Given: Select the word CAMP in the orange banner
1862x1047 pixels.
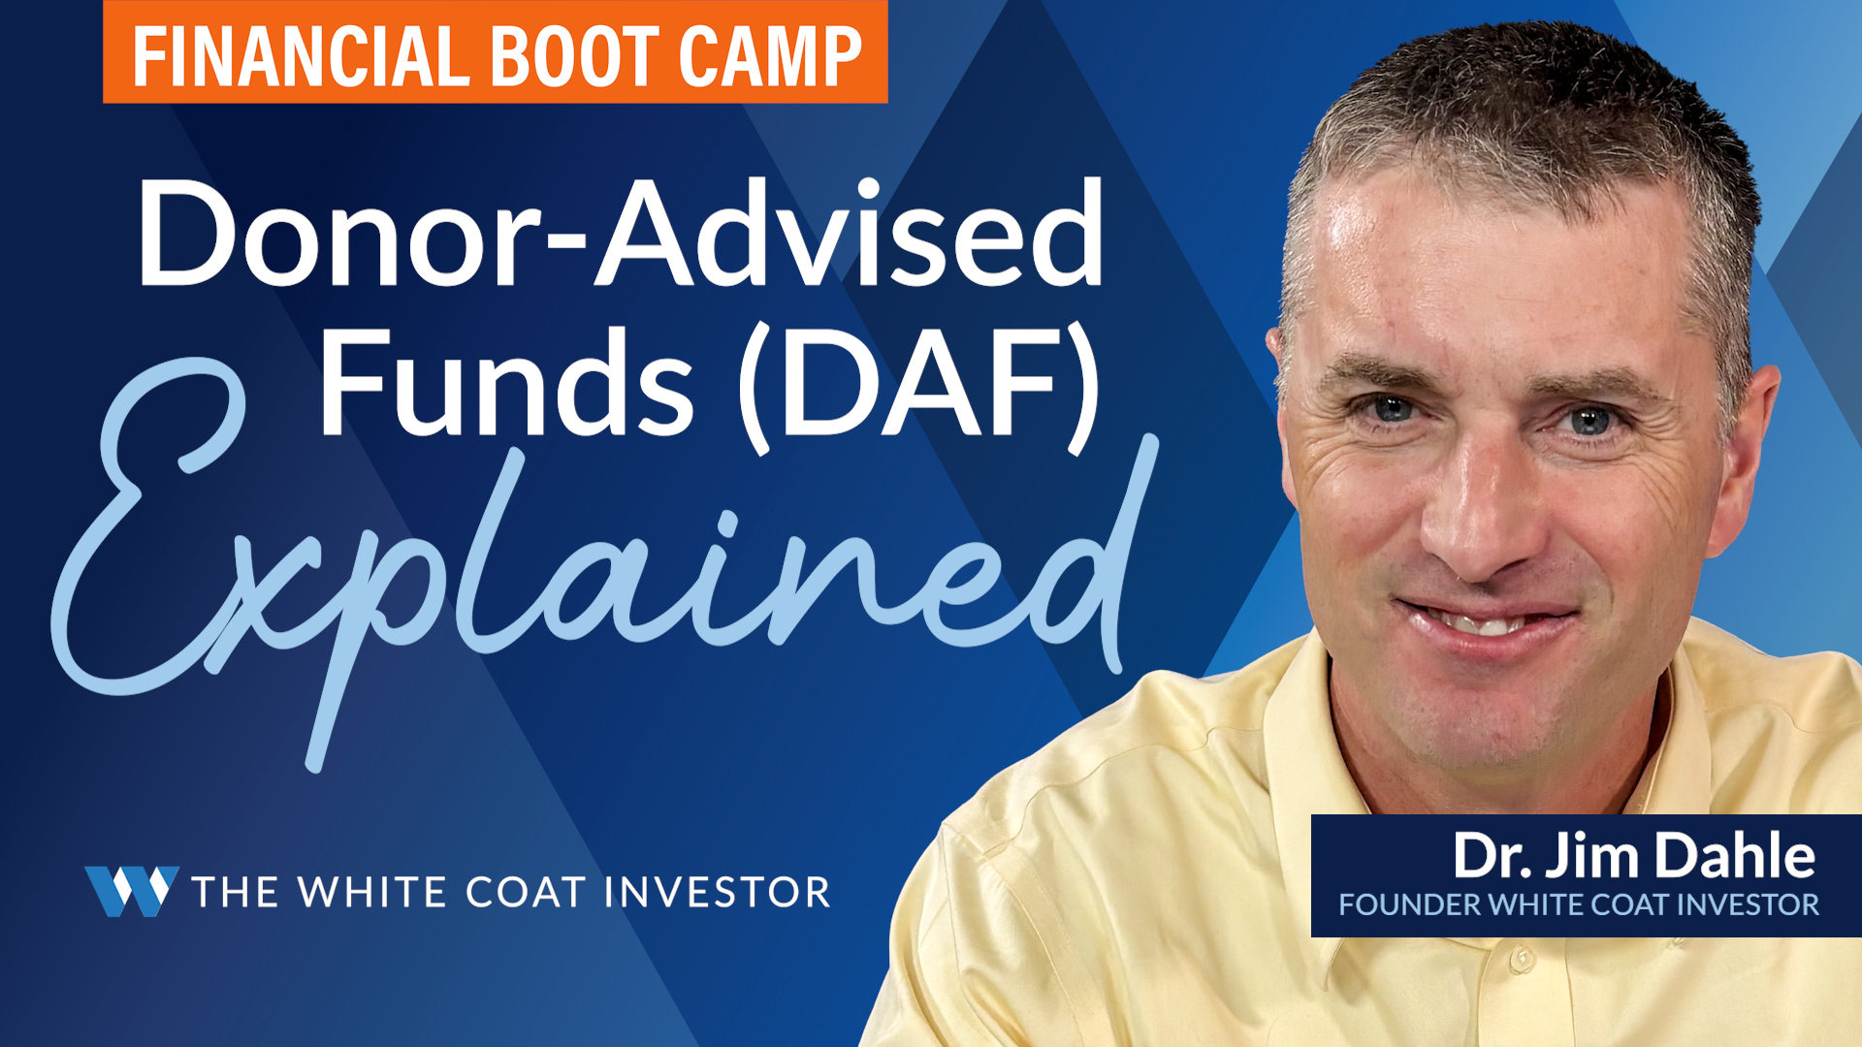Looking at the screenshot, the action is click(x=771, y=56).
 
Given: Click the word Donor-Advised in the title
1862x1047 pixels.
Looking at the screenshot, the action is click(x=621, y=233).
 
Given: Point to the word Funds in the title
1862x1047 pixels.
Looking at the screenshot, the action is click(x=506, y=383).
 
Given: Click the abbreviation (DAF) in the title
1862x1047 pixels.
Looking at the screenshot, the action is click(x=919, y=388).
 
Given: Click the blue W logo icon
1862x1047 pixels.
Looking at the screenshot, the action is click(x=132, y=891).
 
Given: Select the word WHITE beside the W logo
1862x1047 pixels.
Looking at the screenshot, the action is click(x=372, y=892).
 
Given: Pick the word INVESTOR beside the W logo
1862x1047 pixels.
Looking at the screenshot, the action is click(x=718, y=892).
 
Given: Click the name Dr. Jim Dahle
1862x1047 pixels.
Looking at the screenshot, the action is click(x=1633, y=856).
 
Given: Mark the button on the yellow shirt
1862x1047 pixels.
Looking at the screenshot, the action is click(x=1522, y=960).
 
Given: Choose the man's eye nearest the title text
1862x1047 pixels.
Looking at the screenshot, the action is click(x=1392, y=409).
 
